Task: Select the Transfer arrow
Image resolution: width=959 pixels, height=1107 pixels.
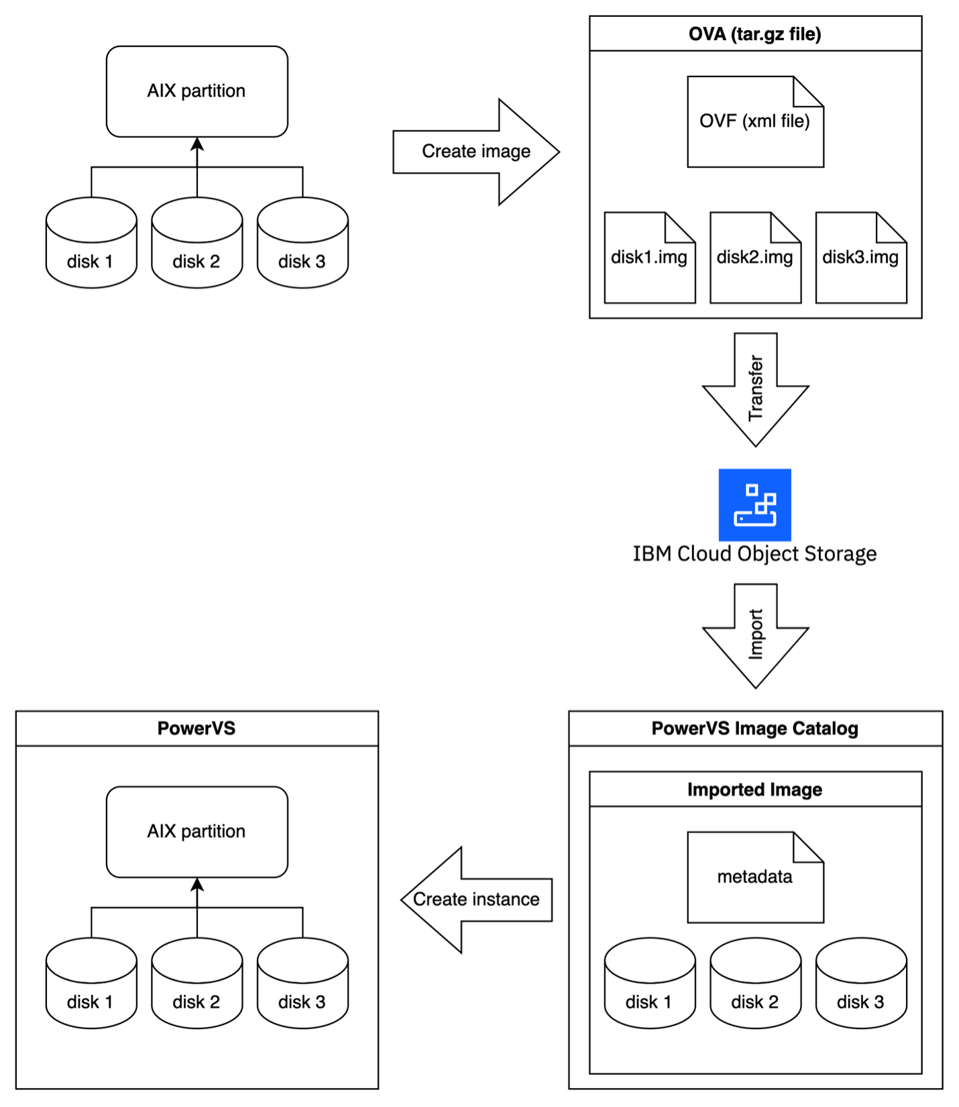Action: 756,389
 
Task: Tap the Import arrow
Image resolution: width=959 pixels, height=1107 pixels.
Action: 756,634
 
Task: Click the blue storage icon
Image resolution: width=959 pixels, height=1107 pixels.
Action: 755,505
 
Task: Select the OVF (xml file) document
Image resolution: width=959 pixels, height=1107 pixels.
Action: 755,122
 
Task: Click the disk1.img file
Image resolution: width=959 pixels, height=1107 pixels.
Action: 649,258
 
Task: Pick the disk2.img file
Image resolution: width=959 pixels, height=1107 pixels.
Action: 755,258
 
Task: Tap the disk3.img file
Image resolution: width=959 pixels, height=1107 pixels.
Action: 861,258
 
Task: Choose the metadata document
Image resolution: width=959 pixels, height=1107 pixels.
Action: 755,878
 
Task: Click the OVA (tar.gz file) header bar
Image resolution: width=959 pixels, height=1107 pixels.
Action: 755,34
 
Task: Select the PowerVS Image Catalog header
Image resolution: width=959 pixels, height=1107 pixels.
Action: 755,729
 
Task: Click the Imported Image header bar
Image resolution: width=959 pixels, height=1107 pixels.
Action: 755,790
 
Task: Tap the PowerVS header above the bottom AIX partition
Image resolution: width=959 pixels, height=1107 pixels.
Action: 196,729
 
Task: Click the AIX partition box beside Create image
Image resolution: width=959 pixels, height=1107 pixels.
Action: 196,91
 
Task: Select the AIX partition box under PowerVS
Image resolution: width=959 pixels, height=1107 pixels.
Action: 196,832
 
